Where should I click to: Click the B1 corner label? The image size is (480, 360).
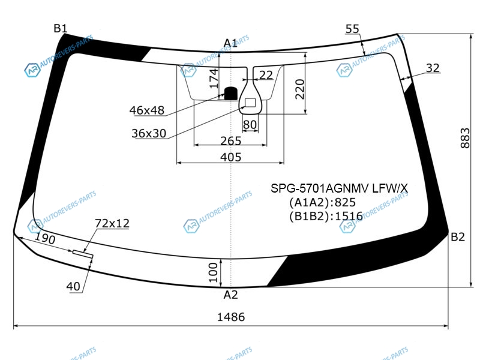point(61,28)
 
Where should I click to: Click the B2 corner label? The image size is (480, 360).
point(458,236)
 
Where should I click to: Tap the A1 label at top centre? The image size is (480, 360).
point(230,43)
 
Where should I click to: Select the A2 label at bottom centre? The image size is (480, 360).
point(230,295)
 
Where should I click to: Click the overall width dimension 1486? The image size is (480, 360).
point(231,317)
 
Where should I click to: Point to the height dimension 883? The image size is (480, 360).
point(464,138)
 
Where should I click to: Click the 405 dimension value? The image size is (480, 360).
point(231,157)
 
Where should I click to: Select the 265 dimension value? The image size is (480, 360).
point(231,141)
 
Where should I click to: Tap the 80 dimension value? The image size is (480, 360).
point(250,125)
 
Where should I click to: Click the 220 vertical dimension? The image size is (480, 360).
point(299,89)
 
